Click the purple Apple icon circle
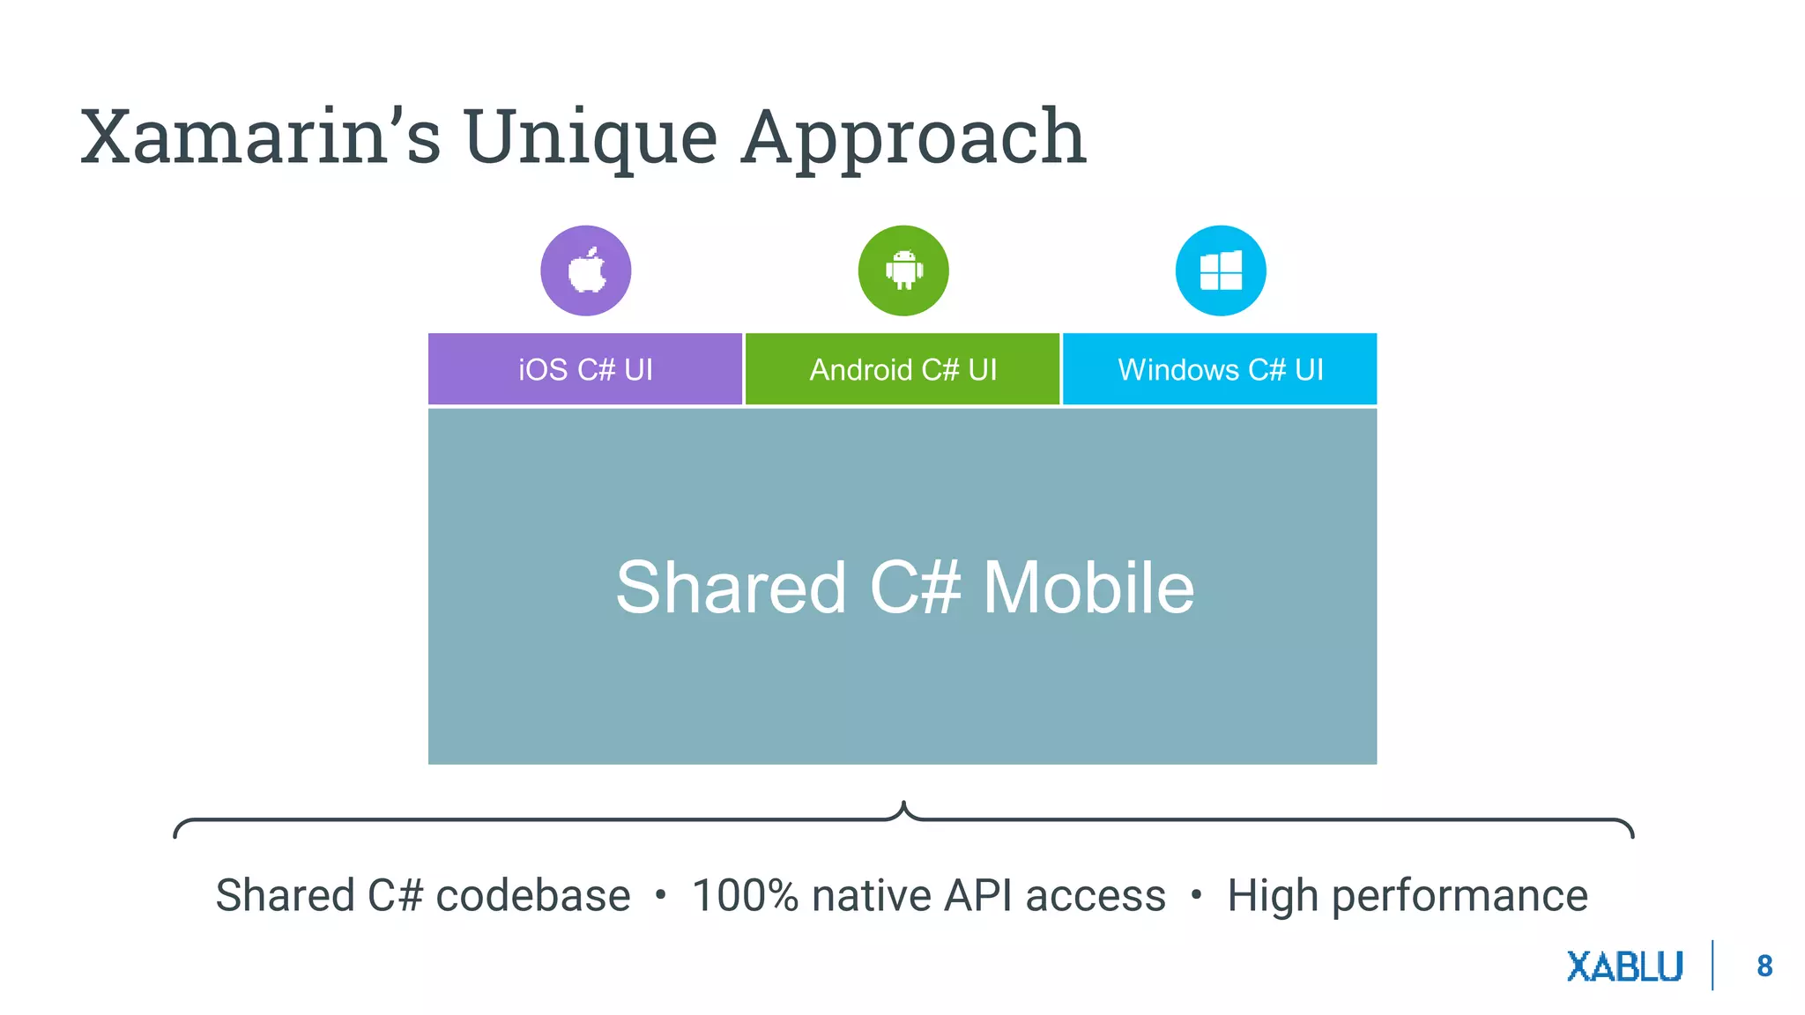[586, 270]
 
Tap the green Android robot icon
[903, 270]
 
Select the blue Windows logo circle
[1221, 270]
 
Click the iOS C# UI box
[585, 369]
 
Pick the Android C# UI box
[902, 369]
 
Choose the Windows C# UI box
[1220, 369]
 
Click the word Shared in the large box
[731, 588]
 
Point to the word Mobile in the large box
[1088, 588]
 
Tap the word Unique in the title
[591, 138]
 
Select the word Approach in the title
[913, 138]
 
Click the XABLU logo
[1625, 967]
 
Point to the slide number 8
[1764, 967]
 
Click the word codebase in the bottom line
[533, 896]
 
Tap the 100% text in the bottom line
[745, 896]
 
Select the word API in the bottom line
[977, 896]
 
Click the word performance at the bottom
[1460, 897]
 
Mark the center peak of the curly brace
[903, 804]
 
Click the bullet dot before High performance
[1196, 895]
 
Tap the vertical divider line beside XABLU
[1712, 966]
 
